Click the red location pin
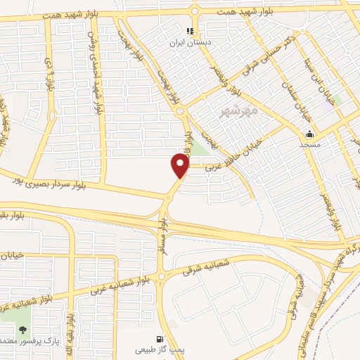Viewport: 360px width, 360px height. click(x=181, y=165)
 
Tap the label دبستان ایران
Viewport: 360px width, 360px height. click(x=189, y=42)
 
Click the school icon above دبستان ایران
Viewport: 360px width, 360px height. click(x=189, y=31)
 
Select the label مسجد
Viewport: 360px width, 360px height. click(x=309, y=144)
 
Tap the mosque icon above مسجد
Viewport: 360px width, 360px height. click(x=309, y=134)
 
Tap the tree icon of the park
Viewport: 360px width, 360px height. click(x=23, y=329)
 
